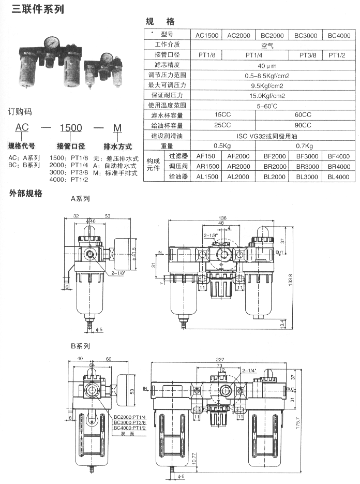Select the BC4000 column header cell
tap(339, 35)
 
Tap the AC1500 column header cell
tap(207, 35)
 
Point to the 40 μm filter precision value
tap(273, 66)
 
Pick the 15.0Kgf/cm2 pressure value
tap(273, 96)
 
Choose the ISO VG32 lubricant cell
tap(273, 136)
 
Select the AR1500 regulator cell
tap(207, 166)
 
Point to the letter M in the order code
tap(117, 127)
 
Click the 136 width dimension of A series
tap(223, 218)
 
